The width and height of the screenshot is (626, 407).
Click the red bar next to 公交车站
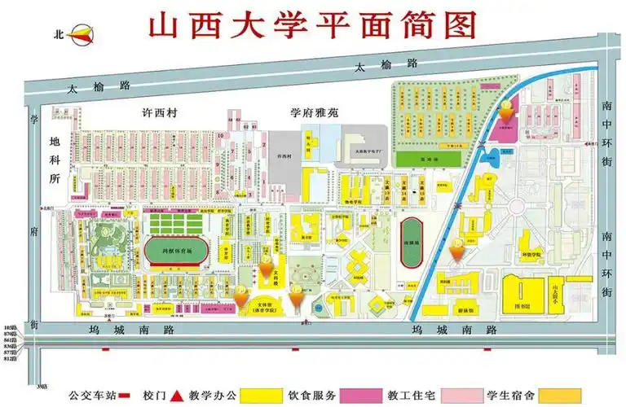pyautogui.click(x=125, y=396)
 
